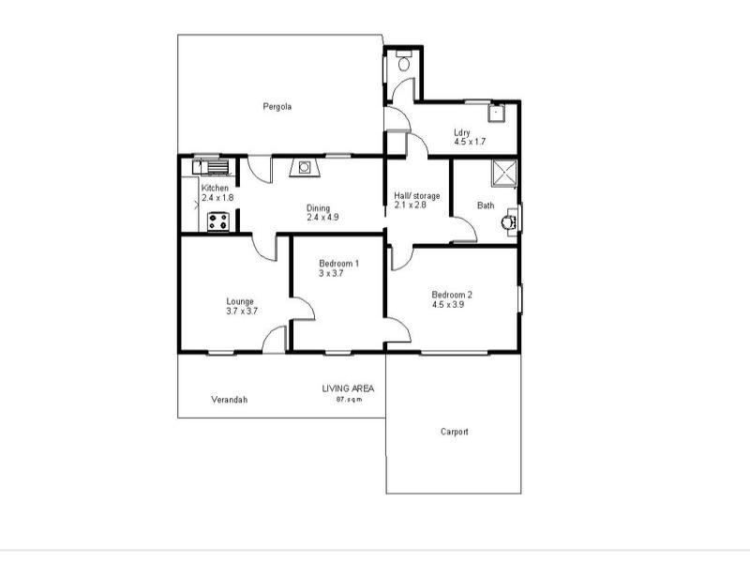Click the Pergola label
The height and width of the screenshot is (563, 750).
pyautogui.click(x=277, y=106)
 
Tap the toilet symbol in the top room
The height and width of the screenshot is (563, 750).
pyautogui.click(x=403, y=65)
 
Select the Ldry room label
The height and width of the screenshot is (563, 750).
pyautogui.click(x=461, y=132)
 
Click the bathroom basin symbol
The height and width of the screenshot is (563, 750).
pyautogui.click(x=507, y=222)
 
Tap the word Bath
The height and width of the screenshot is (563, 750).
pyautogui.click(x=486, y=205)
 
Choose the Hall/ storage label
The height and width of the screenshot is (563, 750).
pyautogui.click(x=416, y=195)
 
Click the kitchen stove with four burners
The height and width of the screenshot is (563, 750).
pyautogui.click(x=218, y=221)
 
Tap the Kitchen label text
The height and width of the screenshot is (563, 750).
pyautogui.click(x=215, y=188)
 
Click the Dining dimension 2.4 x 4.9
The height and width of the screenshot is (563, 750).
pyautogui.click(x=322, y=218)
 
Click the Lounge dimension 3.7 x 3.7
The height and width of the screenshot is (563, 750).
pyautogui.click(x=242, y=311)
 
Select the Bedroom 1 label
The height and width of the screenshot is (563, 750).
pyautogui.click(x=338, y=264)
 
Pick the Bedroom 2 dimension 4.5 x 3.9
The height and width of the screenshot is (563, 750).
pyautogui.click(x=448, y=304)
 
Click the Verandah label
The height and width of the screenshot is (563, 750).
pyautogui.click(x=229, y=400)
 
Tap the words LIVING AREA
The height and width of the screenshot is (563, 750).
pyautogui.click(x=349, y=388)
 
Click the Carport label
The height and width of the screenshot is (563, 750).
pyautogui.click(x=454, y=432)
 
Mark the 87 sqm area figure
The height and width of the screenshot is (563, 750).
pyautogui.click(x=349, y=400)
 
